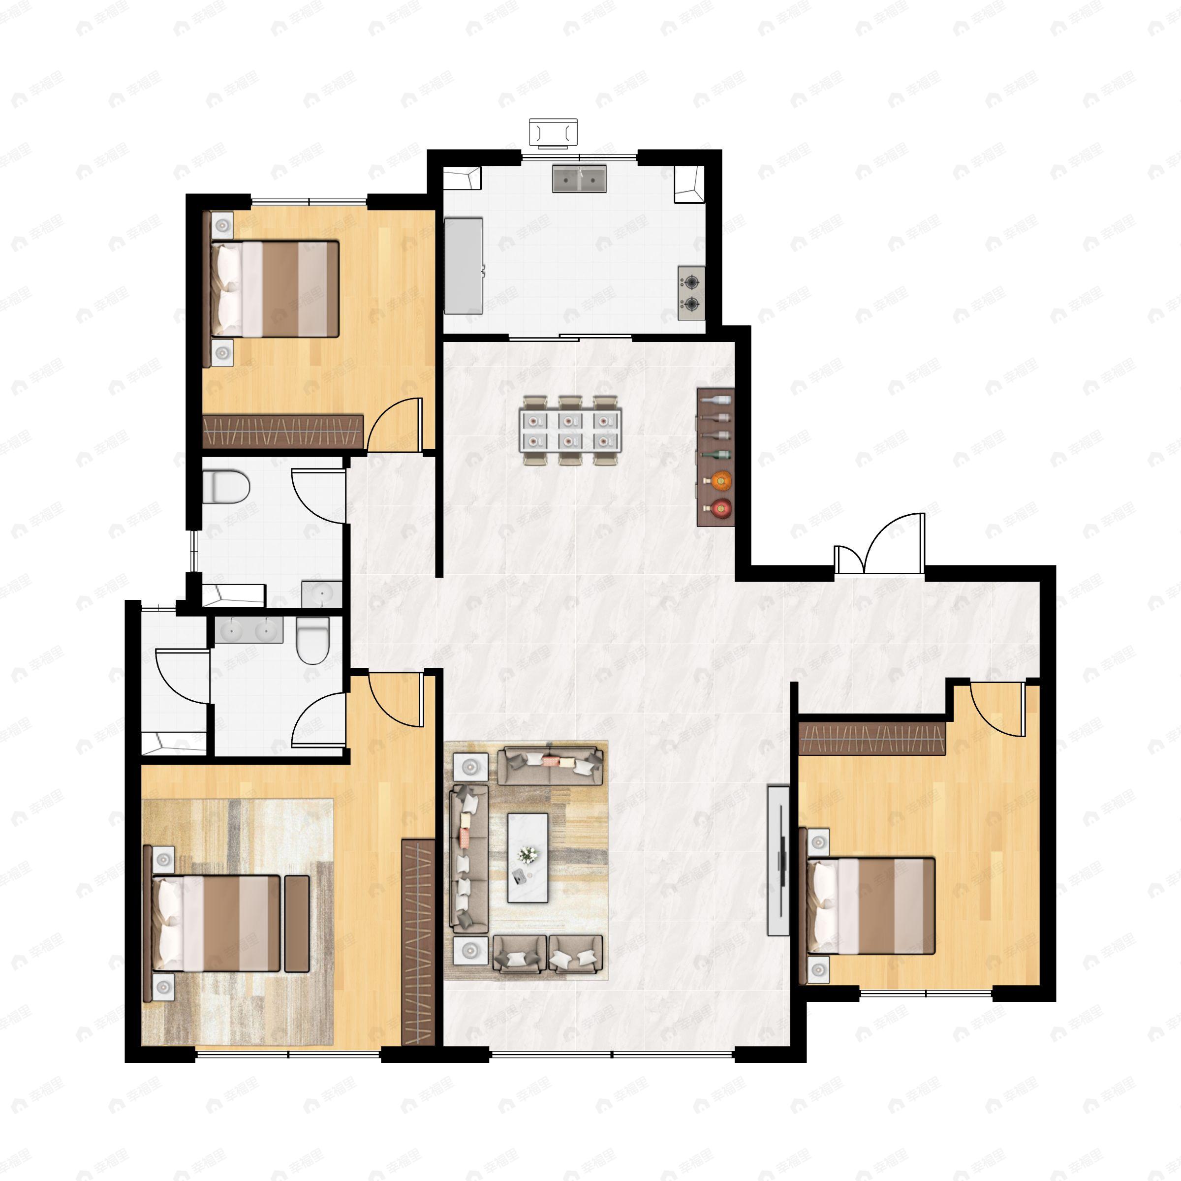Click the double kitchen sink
pos(579,179)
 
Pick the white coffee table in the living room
pos(528,857)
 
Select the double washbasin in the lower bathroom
pos(249,630)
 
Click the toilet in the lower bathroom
pos(313,639)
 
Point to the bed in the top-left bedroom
pos(275,288)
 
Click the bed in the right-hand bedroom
pos(870,905)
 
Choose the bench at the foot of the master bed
pos(297,923)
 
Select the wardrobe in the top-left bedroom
pos(283,432)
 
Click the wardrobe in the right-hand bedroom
pos(872,739)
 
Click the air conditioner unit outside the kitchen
pos(553,133)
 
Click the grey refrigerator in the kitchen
pos(464,266)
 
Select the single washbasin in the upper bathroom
pos(321,594)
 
